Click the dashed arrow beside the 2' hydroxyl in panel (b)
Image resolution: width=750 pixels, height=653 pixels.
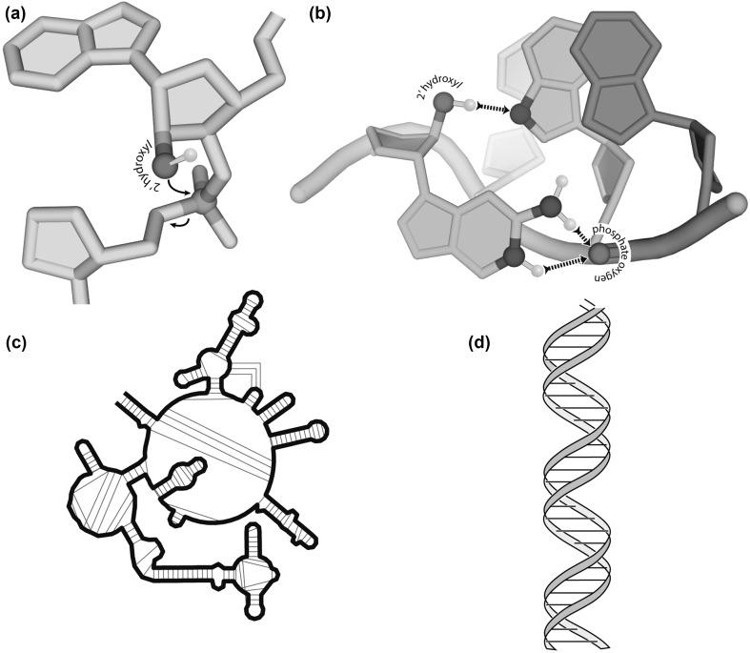493,109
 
